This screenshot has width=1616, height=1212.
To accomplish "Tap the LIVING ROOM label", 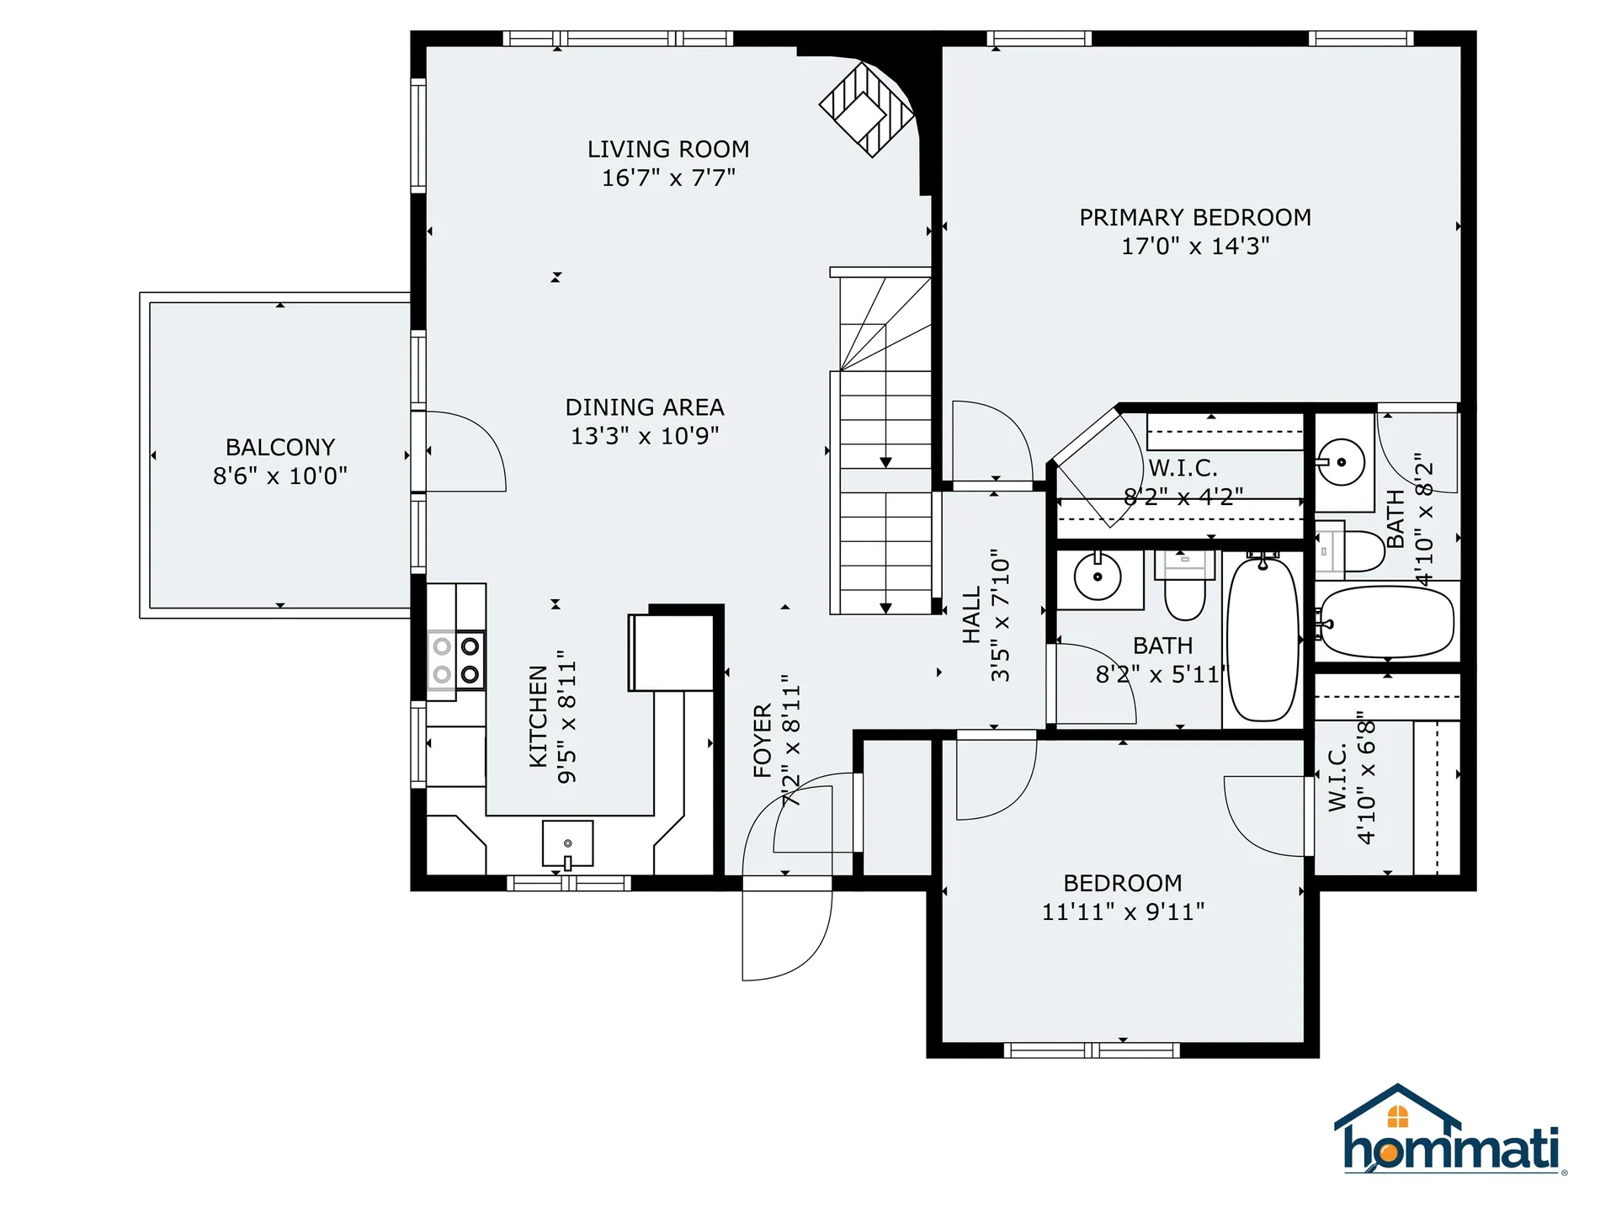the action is pos(668,149).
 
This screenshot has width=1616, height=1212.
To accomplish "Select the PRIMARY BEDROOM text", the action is pos(1195,217).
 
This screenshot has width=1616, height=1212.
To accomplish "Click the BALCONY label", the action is pos(280,447).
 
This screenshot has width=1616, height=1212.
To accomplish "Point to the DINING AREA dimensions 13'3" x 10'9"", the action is pos(645,436).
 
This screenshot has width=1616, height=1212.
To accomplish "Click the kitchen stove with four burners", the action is pos(456,660).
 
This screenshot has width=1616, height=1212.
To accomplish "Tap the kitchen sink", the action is pos(567,843).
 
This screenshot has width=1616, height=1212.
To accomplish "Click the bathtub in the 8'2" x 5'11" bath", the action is pos(1262,639).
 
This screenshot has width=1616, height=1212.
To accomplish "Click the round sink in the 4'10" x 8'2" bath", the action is pos(1341,462).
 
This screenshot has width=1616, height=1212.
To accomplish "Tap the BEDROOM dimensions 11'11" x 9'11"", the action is pos(1123,912).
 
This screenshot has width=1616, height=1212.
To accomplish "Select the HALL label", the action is pos(972,615).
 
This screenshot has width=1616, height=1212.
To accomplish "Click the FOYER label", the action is pos(763,741).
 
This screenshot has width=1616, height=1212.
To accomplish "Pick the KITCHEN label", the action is pos(539,716).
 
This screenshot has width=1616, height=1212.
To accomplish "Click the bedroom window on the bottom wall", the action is pos(1092,1050).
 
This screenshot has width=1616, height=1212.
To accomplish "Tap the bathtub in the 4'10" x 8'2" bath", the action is pos(1385,622).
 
